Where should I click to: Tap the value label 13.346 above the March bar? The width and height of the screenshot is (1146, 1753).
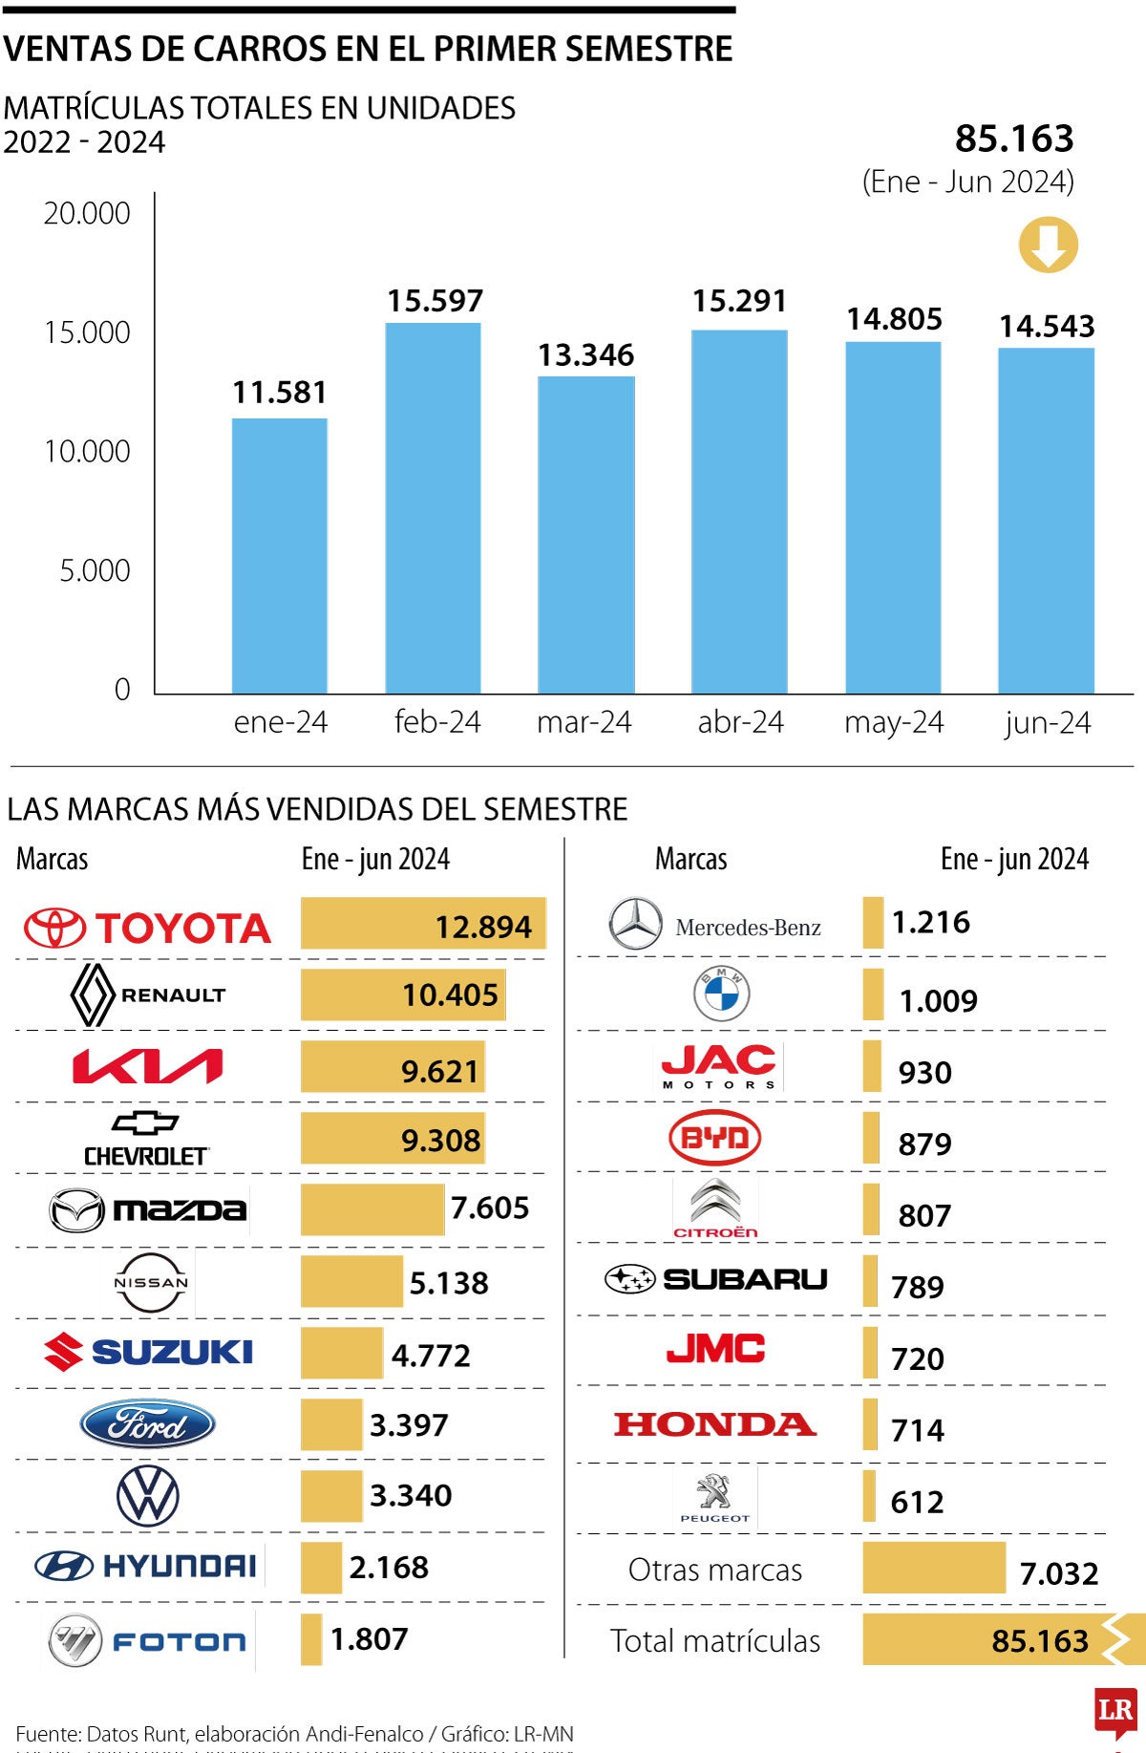[585, 355]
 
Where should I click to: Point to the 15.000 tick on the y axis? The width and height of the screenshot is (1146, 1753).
[87, 332]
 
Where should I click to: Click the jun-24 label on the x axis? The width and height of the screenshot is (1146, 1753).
[1047, 723]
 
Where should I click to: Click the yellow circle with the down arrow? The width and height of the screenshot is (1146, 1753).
[1048, 246]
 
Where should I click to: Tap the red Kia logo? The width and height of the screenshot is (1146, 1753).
[148, 1066]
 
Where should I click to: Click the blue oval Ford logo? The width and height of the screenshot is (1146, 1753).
[147, 1424]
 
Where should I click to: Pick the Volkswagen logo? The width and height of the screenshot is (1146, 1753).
[147, 1496]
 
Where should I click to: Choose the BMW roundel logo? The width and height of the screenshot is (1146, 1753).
[721, 994]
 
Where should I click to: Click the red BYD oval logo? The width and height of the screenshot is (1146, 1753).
[715, 1138]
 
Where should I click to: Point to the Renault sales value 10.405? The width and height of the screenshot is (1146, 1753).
[450, 995]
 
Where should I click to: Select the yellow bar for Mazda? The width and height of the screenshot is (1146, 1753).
[372, 1209]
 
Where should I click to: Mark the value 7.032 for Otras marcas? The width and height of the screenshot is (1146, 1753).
[1059, 1573]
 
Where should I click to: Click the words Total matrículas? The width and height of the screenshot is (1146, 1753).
[715, 1641]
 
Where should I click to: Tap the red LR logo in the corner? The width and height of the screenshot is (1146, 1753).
[1114, 1710]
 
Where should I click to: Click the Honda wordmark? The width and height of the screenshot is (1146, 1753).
[715, 1424]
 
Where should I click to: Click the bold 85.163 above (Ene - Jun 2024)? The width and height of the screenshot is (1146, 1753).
[1014, 139]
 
